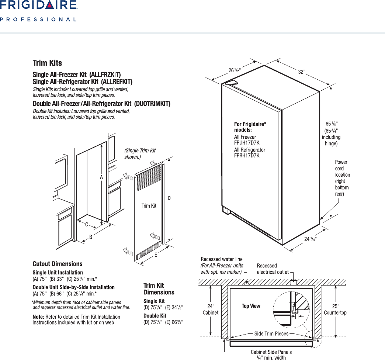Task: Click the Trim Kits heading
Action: [47, 63]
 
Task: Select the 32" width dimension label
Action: [302, 72]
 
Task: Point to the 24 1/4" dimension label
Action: [310, 239]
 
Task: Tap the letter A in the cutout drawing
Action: [101, 177]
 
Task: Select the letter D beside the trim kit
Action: [169, 198]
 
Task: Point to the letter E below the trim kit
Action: [156, 255]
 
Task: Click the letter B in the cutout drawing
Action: [91, 238]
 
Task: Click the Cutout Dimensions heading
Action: [58, 264]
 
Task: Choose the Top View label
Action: [251, 306]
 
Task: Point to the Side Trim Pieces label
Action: [271, 333]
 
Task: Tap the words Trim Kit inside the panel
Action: [149, 206]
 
